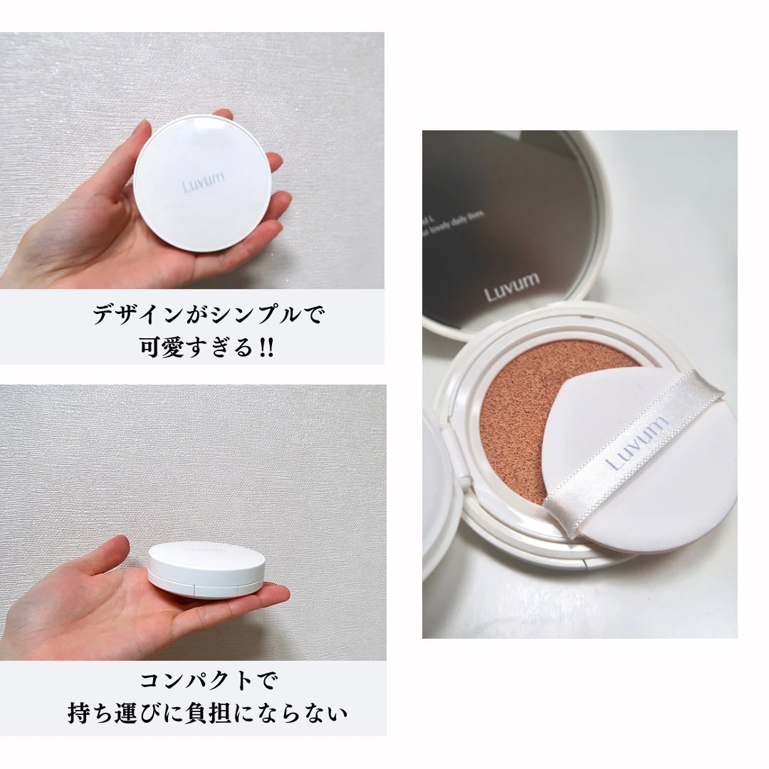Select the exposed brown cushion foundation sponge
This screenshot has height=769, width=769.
520,413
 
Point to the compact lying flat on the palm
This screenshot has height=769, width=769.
206,569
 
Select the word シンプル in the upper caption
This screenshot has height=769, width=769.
245,315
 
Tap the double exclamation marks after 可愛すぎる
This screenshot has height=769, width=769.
266,349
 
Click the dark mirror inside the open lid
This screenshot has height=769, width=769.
498,199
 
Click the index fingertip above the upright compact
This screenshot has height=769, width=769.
224,114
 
